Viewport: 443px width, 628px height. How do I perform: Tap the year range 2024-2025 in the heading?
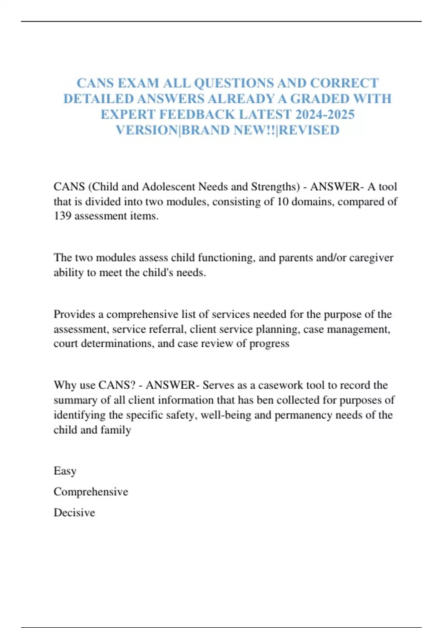click(325, 115)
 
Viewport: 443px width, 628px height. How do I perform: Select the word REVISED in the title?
click(309, 130)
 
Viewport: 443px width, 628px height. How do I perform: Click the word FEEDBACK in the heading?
click(197, 115)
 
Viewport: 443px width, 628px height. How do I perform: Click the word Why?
click(65, 385)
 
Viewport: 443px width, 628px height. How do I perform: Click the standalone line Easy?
click(65, 471)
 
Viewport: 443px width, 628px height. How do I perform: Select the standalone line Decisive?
click(74, 513)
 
